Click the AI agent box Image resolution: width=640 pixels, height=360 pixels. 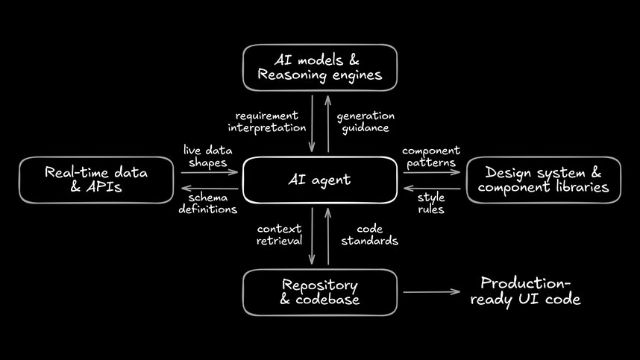point(320,180)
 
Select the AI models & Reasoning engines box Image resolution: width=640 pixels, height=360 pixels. point(320,68)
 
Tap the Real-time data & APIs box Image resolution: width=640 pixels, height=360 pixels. point(96,180)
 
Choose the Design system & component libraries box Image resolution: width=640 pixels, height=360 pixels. point(543,180)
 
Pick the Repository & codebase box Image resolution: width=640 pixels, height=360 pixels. point(320,292)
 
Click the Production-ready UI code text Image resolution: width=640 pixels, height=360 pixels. point(530,291)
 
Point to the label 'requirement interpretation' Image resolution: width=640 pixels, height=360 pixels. point(267,121)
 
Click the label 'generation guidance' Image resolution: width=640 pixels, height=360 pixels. point(366,121)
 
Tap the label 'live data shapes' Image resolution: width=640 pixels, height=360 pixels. point(205,157)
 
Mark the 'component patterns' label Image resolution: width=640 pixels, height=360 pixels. point(431,157)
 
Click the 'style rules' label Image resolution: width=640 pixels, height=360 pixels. point(431,203)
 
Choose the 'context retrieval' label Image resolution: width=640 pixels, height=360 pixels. point(279,235)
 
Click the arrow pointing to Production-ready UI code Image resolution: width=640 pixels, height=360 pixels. point(432,292)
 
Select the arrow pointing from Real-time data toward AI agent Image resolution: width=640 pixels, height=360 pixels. point(209,173)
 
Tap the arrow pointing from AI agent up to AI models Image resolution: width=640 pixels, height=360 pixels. point(328,123)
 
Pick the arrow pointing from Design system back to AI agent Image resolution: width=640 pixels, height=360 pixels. point(432,189)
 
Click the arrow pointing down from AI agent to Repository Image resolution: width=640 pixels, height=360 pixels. point(312,236)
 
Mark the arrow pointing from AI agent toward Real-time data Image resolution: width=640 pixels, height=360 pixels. point(209,189)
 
